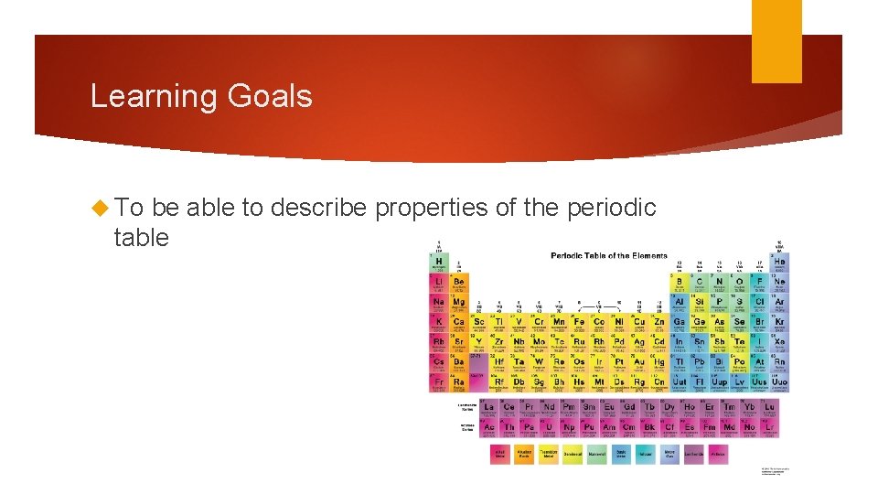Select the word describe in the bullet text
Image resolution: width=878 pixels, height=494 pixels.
316,209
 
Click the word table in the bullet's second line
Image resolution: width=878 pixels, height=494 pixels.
141,238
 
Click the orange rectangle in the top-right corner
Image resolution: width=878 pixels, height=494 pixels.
776,41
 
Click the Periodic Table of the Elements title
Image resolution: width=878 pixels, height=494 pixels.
608,255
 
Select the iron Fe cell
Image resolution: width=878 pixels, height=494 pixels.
579,324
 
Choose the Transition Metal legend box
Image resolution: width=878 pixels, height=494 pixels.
549,454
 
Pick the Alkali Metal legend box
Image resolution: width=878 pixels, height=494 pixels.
499,454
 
